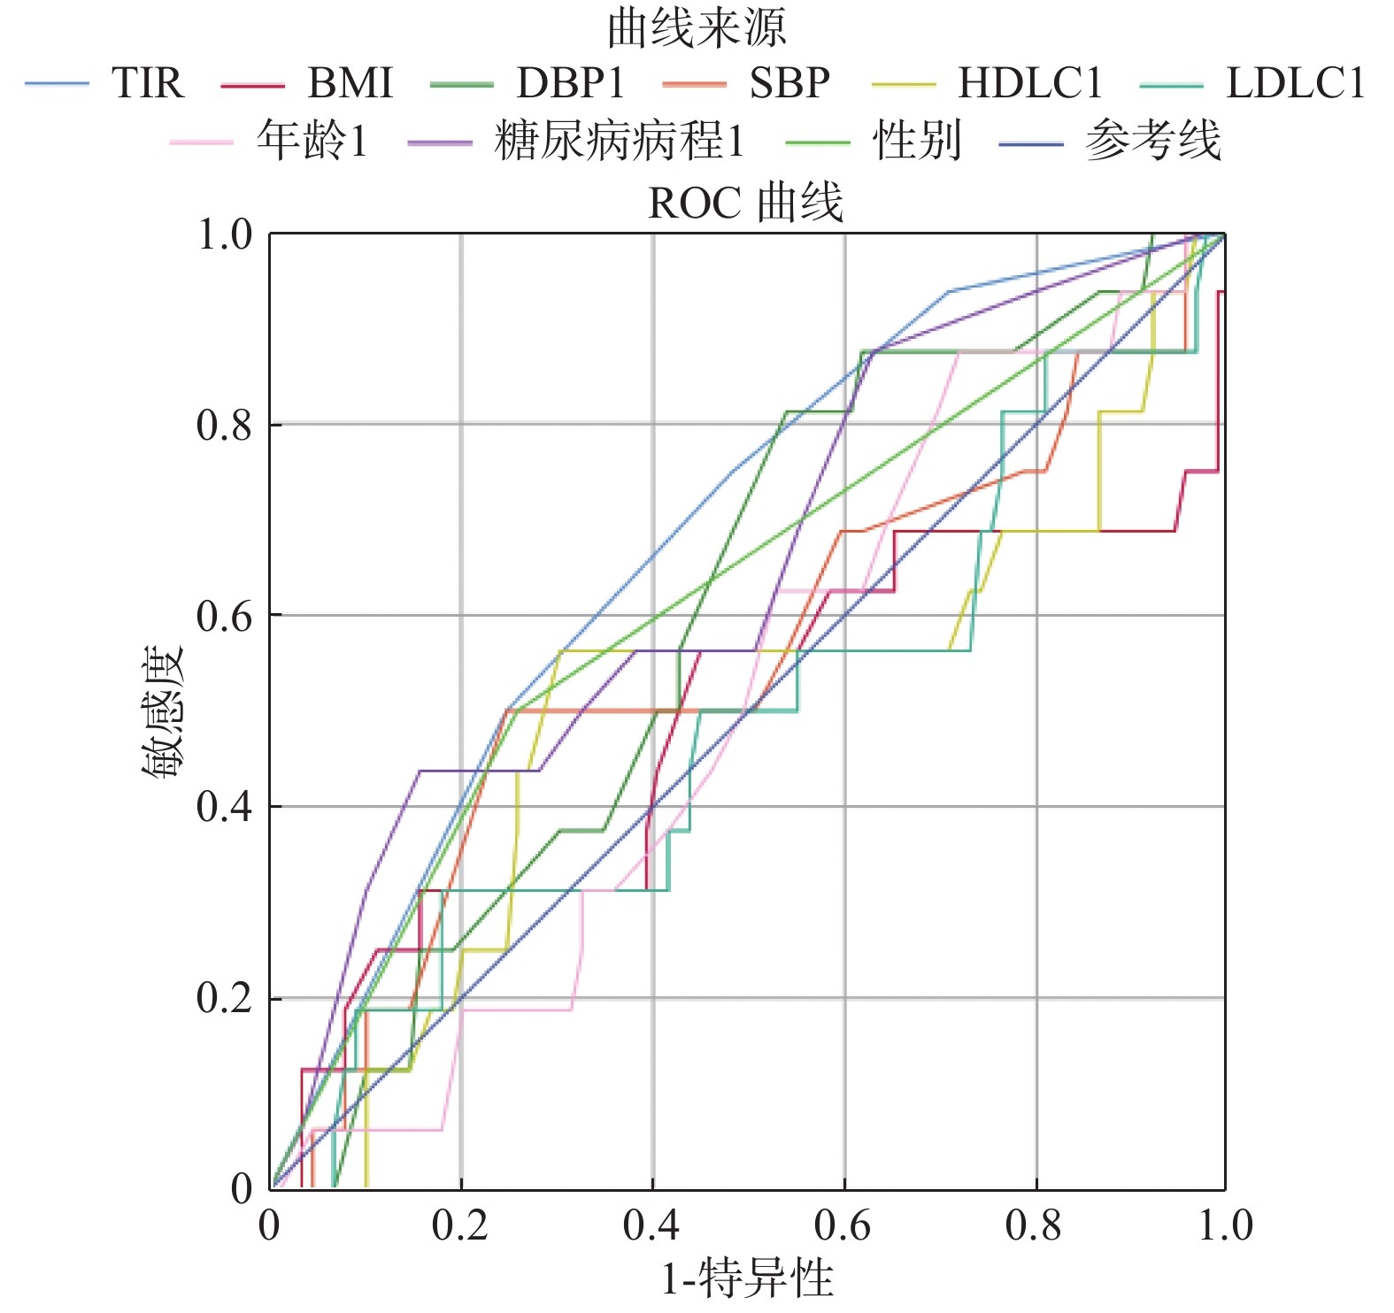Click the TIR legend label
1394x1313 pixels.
pos(148,83)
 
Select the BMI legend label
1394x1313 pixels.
pos(350,83)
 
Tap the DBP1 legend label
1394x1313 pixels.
pos(571,83)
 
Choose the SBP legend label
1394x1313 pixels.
pos(789,83)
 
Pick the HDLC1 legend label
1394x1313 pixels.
pos(1030,83)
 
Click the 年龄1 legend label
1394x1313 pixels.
pos(312,141)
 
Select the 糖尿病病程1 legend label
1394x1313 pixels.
pos(620,141)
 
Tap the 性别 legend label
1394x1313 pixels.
pos(917,141)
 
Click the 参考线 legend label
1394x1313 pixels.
pos(1153,141)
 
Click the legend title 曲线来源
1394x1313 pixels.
pos(697,28)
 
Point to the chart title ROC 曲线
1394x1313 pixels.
pos(746,203)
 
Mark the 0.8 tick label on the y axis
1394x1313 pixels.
pos(225,426)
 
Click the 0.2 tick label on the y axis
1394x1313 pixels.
pos(225,998)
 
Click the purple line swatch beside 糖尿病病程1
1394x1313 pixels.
pos(440,142)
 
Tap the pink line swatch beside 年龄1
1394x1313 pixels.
pos(202,142)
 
